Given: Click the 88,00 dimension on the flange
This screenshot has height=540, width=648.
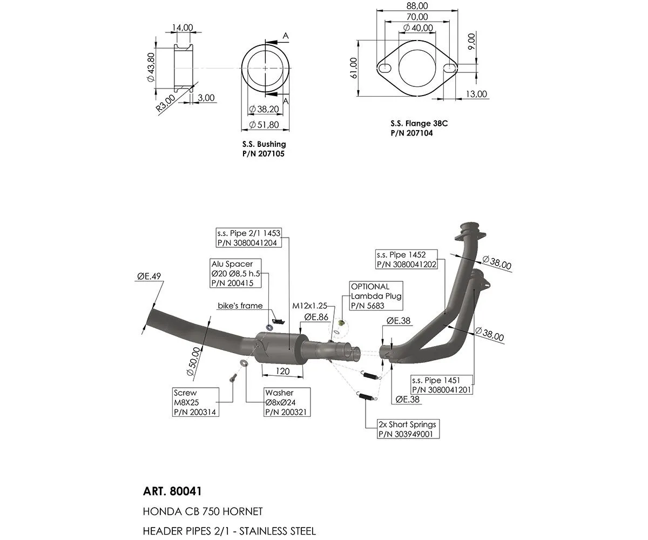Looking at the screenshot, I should (417, 6).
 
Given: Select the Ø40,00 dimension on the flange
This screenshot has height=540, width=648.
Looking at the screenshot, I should (418, 28).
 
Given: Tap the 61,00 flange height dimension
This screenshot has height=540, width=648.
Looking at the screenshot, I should (354, 69).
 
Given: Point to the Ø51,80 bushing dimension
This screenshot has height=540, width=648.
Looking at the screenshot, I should (265, 125).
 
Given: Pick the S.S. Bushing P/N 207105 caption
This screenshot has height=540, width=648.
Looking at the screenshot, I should (264, 149).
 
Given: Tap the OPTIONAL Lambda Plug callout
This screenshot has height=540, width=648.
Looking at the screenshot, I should (376, 296).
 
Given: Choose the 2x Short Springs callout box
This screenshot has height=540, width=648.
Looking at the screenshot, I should (407, 429).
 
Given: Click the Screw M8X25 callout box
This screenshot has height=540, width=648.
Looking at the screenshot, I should (196, 402).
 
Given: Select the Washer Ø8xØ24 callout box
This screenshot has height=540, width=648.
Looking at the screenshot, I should (287, 402).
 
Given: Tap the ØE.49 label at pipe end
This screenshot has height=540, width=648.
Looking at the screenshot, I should (150, 276).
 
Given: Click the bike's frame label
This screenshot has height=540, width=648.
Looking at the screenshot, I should (240, 306).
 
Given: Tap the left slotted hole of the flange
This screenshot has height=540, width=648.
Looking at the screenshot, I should (384, 69).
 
